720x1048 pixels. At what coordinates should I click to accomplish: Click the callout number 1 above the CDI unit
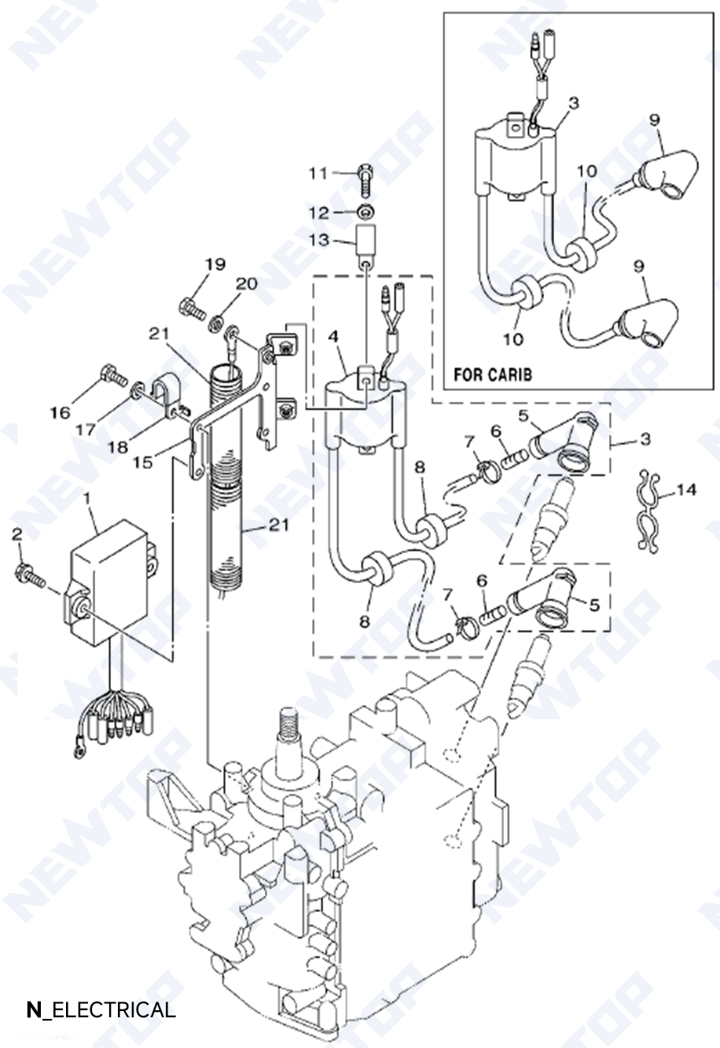click(x=87, y=498)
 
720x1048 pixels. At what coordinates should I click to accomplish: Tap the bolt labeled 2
click(x=28, y=574)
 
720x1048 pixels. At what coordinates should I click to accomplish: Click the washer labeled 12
click(x=365, y=212)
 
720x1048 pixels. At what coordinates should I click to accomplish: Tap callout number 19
click(x=215, y=264)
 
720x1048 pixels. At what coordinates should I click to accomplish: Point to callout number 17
click(x=86, y=430)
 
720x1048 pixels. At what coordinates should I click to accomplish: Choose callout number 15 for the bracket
click(x=142, y=462)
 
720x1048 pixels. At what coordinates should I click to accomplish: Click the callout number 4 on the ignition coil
click(x=333, y=336)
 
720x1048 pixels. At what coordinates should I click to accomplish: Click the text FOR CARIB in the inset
click(x=492, y=374)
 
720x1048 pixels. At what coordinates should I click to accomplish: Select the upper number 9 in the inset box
click(x=654, y=120)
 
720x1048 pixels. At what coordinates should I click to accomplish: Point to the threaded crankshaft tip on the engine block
click(x=288, y=724)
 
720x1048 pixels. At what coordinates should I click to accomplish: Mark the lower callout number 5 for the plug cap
click(x=594, y=604)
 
